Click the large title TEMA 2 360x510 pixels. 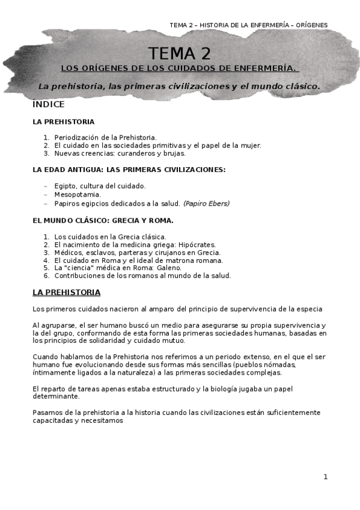click(180, 54)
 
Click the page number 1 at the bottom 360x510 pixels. click(325, 477)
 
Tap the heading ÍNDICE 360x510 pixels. click(49, 104)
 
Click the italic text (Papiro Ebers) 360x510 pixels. click(206, 203)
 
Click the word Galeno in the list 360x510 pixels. click(168, 268)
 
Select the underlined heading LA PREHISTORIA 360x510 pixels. click(67, 293)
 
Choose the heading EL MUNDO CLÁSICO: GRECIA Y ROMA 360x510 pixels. click(103, 221)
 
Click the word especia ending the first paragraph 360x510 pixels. click(308, 309)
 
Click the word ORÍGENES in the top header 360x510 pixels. click(308, 25)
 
